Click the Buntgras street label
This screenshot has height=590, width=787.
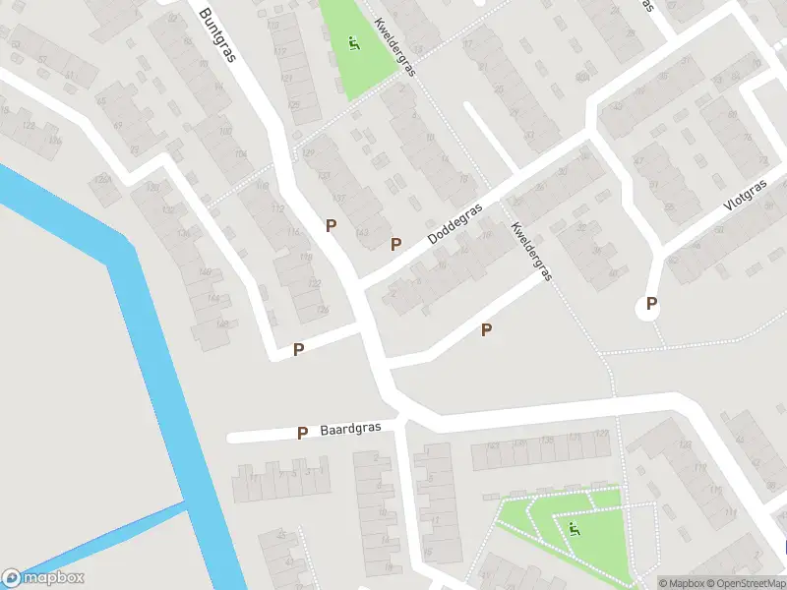tap(218, 35)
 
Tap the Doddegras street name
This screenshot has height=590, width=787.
tap(455, 225)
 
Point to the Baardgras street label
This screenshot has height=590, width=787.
tap(350, 431)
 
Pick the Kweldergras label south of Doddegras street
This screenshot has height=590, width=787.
tap(531, 251)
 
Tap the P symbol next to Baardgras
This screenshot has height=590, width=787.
tap(303, 433)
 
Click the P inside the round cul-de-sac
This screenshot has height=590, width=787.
tap(650, 305)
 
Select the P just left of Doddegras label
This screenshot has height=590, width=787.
tap(396, 244)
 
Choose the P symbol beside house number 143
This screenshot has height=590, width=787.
tap(332, 225)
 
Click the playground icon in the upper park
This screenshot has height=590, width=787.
tap(353, 44)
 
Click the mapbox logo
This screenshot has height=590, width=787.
tap(43, 578)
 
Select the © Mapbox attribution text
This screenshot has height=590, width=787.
tap(687, 583)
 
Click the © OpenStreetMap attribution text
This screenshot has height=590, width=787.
tap(750, 583)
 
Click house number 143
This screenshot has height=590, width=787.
tap(363, 232)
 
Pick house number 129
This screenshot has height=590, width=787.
tap(307, 152)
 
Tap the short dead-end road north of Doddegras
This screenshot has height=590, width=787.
tap(491, 137)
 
